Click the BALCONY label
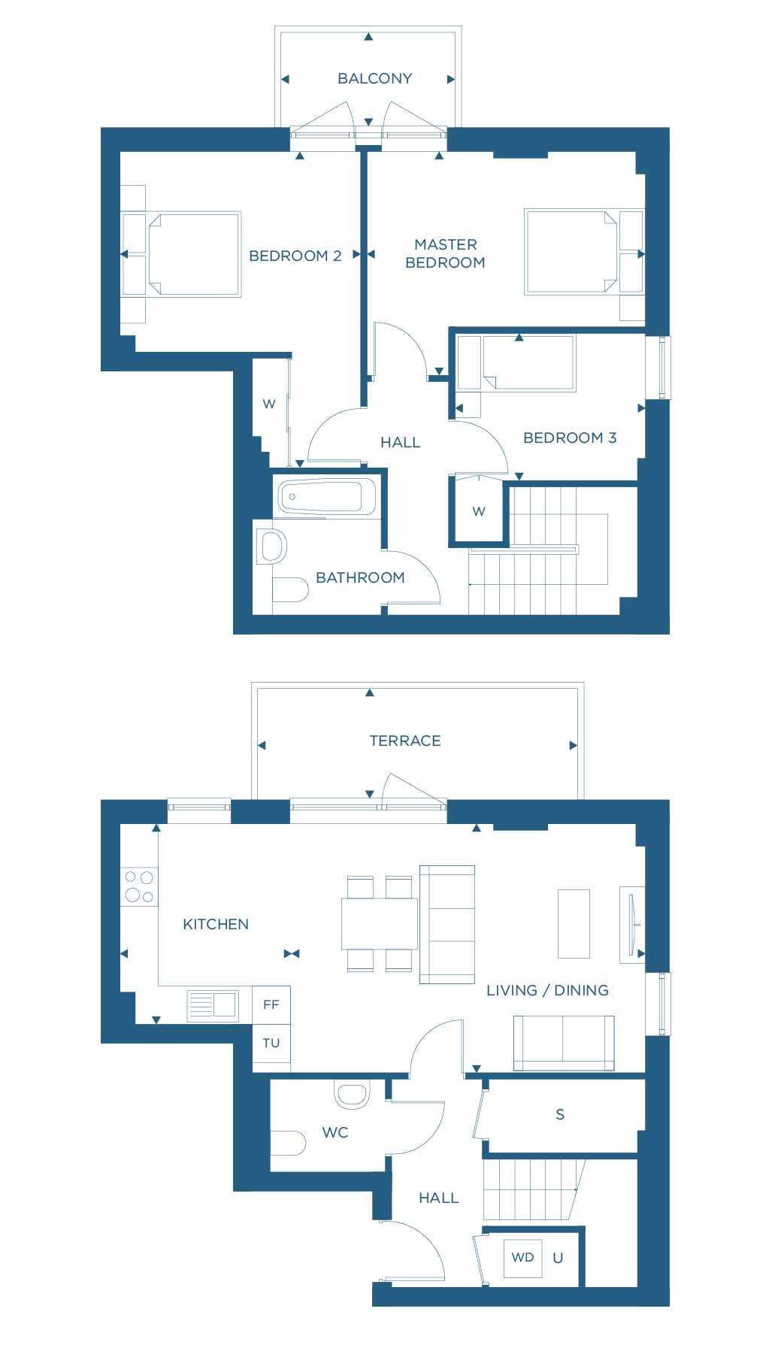coord(374,78)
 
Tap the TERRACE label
coord(405,741)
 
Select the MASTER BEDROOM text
coord(445,253)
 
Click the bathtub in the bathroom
coord(326,496)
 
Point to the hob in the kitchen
coord(139,886)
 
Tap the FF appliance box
coord(271,1004)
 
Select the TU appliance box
coord(271,1043)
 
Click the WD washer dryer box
coord(522,1257)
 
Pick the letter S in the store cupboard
coord(560,1114)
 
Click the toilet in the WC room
coord(288,1143)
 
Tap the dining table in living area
coord(380,923)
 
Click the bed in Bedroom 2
coord(194,254)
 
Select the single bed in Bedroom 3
coord(528,362)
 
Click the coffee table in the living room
coord(574,923)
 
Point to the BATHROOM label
coord(360,577)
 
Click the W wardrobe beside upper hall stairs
coord(479,511)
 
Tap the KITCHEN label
coord(216,924)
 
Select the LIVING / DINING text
coord(547,990)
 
